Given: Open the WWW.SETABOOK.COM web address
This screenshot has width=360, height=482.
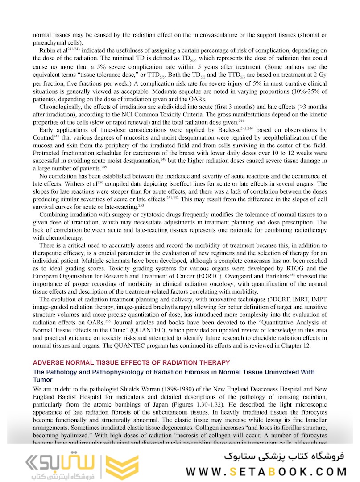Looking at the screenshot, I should pos(266,471).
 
